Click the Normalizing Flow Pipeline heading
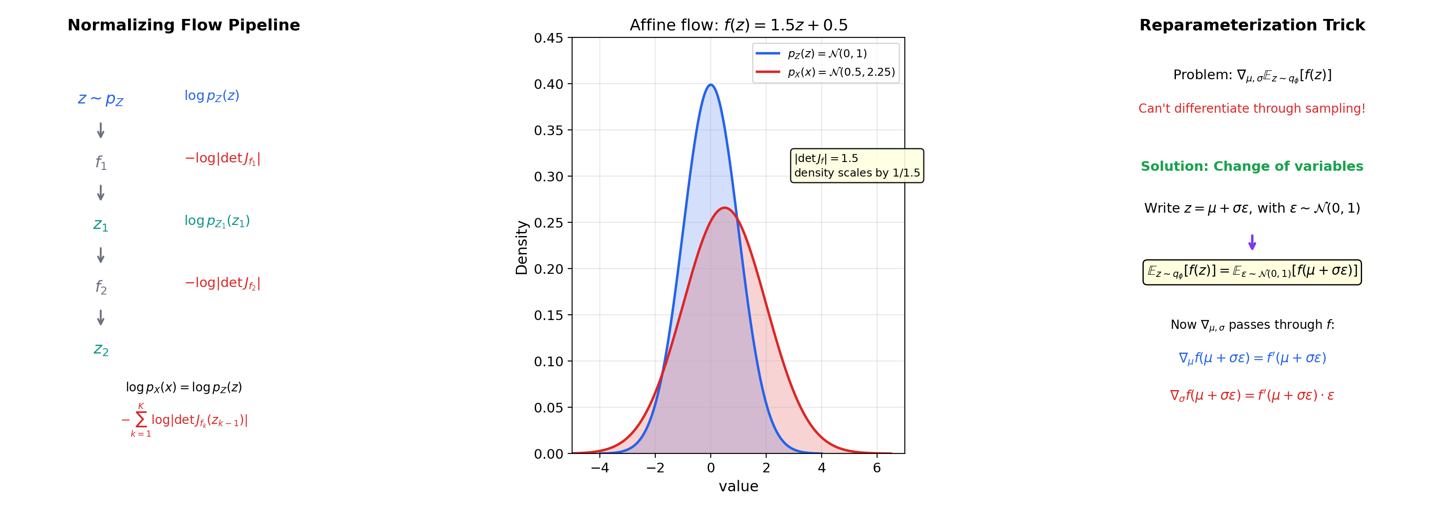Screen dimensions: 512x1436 coord(184,25)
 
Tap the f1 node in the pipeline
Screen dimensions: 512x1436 coord(101,162)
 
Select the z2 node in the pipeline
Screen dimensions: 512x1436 coord(101,350)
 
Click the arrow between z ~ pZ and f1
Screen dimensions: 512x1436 coord(101,130)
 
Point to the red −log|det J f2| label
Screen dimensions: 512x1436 coord(222,284)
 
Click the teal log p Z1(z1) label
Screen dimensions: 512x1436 coord(217,221)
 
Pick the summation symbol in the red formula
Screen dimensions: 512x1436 coord(141,420)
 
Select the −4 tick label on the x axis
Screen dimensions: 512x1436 coord(599,468)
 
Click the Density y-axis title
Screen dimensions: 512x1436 coord(521,247)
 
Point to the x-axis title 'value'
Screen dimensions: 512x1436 coord(738,486)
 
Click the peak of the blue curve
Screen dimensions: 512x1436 coord(711,85)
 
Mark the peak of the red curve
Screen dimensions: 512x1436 coord(724,207)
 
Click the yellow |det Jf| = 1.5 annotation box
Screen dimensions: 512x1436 coord(857,166)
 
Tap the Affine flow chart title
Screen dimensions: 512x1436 coord(738,25)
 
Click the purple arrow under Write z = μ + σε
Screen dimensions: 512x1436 coord(1252,242)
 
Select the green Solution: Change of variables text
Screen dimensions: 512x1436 coord(1252,166)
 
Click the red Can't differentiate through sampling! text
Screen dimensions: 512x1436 coord(1252,108)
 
